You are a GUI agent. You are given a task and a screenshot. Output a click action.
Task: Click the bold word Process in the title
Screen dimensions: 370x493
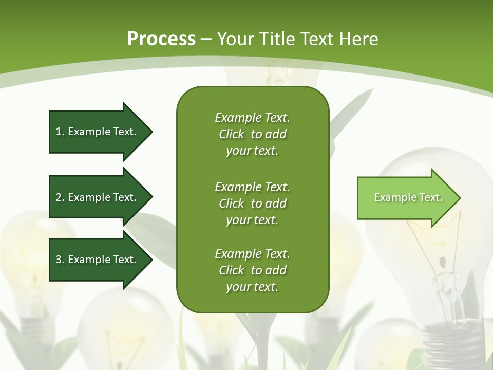[x=161, y=39]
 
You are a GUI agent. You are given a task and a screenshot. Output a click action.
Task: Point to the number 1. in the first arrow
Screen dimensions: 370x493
[x=60, y=132]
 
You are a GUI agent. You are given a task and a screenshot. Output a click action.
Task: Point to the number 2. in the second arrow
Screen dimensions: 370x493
[x=60, y=197]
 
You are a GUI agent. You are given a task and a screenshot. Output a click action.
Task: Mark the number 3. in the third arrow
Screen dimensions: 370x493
[x=60, y=260]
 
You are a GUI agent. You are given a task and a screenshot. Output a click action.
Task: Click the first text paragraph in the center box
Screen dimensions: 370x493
[x=252, y=134]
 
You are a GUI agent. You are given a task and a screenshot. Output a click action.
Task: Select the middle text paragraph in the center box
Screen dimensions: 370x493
[x=252, y=203]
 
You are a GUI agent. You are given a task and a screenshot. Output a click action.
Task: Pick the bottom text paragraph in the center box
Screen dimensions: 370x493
[x=252, y=270]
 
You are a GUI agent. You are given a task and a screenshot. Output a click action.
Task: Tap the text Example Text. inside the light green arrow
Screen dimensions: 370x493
[x=408, y=198]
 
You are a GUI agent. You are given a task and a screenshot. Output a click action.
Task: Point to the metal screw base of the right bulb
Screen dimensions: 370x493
[x=452, y=339]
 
